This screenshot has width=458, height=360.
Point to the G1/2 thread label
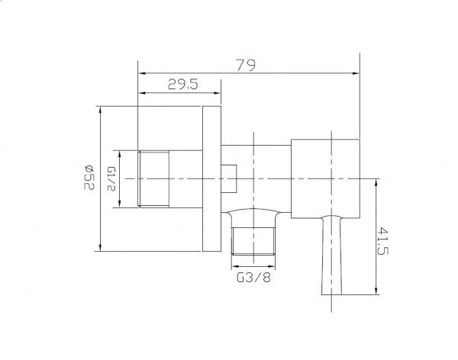[x=111, y=178]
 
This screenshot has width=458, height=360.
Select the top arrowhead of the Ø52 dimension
[x=99, y=109]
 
